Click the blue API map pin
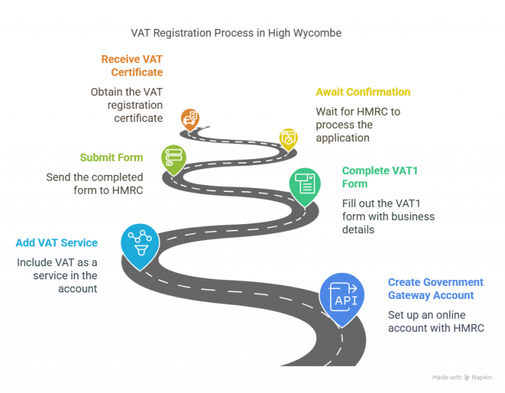(342, 297)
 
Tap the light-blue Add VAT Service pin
(140, 243)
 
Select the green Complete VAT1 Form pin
(305, 183)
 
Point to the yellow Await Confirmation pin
(288, 138)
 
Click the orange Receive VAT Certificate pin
(190, 119)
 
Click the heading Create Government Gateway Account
(435, 289)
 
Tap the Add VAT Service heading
(57, 243)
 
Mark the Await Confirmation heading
(363, 92)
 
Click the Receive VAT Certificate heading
(132, 65)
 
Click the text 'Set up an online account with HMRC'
(435, 321)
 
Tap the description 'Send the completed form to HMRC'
(94, 184)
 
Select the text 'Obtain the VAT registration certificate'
(126, 105)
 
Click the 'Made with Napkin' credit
(463, 378)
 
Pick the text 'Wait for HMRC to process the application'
(358, 125)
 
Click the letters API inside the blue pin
(346, 301)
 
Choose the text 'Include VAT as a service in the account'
(57, 275)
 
